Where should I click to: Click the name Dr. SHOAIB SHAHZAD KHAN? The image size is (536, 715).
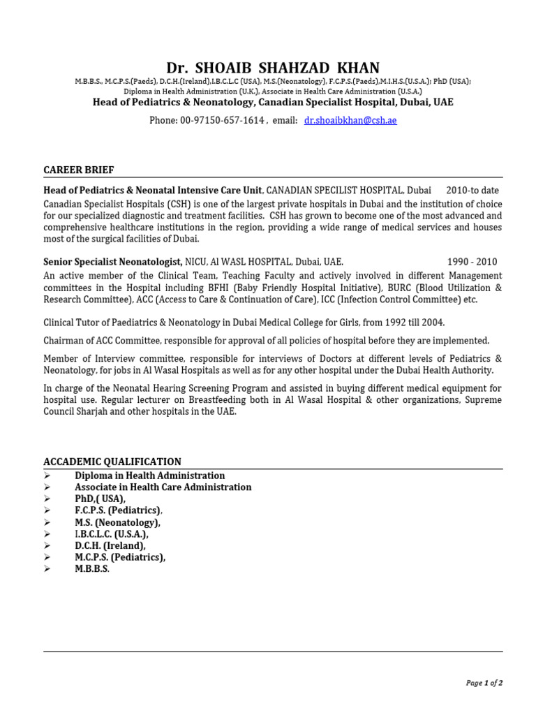click(273, 68)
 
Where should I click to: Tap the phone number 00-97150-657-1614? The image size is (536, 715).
click(222, 120)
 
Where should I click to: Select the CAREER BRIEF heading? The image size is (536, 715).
click(79, 170)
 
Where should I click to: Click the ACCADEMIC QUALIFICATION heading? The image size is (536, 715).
click(112, 462)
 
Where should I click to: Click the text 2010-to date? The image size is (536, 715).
click(472, 190)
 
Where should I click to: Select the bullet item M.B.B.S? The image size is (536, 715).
click(92, 569)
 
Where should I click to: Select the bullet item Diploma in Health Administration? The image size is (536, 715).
click(150, 476)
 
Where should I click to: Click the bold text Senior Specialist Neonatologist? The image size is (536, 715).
click(112, 262)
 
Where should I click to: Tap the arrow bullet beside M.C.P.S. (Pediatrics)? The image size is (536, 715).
click(47, 557)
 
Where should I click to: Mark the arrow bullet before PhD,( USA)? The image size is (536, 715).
click(47, 499)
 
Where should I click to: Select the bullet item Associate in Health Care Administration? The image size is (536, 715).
click(163, 487)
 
